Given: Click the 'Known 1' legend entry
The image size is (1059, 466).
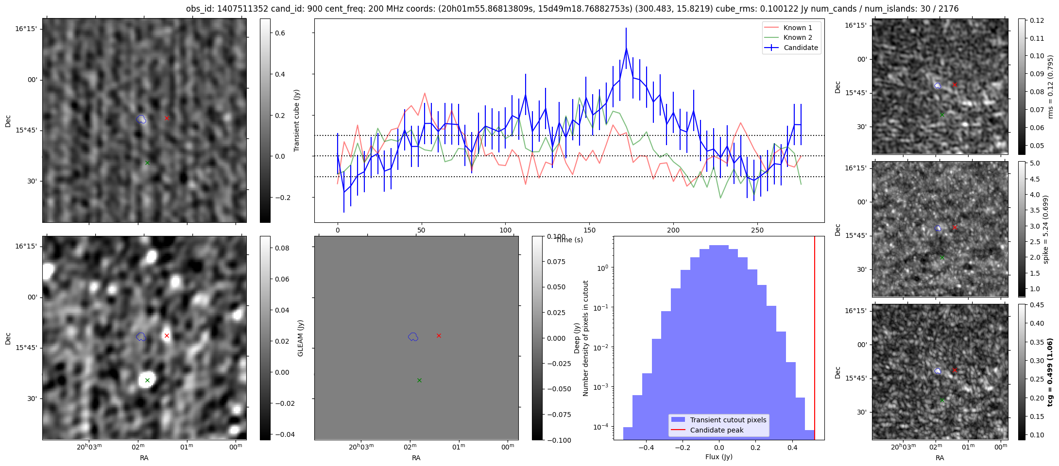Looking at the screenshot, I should tap(798, 28).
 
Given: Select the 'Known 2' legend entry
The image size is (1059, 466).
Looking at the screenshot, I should tap(798, 37).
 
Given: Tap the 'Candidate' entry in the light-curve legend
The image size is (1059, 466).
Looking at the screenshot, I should tap(801, 48).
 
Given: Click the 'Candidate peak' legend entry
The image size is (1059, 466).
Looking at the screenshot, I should tap(717, 430).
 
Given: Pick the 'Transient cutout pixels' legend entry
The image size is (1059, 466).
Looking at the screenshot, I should tap(728, 420).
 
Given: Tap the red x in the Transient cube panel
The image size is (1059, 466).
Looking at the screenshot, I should tap(167, 118).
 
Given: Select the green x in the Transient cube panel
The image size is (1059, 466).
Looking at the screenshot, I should tap(147, 163).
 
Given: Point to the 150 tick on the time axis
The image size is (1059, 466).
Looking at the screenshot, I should tap(589, 230).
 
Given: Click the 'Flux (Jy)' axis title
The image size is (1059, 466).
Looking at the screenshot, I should tap(718, 457).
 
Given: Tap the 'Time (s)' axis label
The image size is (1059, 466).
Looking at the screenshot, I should tap(569, 240).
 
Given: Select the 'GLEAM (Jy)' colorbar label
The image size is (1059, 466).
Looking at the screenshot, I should tap(300, 338).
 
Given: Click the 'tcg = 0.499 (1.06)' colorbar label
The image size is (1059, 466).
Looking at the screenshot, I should tap(1049, 372).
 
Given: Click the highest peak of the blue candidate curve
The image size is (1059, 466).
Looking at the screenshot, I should tap(626, 48).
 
